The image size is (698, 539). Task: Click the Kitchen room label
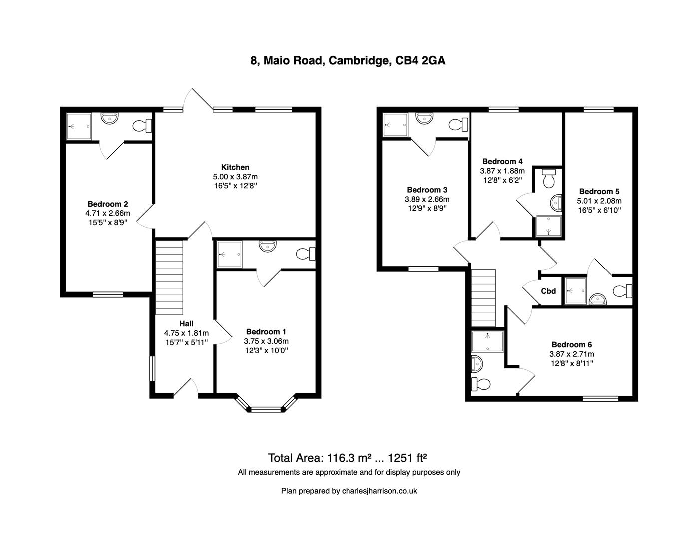(x=235, y=167)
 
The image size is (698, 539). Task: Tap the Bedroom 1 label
(x=266, y=332)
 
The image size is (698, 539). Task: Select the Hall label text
(x=186, y=324)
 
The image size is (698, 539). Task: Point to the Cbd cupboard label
(x=548, y=291)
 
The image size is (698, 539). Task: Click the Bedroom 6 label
(x=571, y=345)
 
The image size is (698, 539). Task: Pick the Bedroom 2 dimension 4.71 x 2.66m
(x=108, y=213)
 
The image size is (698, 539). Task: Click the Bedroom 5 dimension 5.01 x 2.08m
(x=599, y=201)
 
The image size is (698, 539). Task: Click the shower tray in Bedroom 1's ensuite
(x=230, y=255)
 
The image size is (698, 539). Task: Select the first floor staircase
(x=483, y=297)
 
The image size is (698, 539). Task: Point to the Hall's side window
(x=152, y=369)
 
